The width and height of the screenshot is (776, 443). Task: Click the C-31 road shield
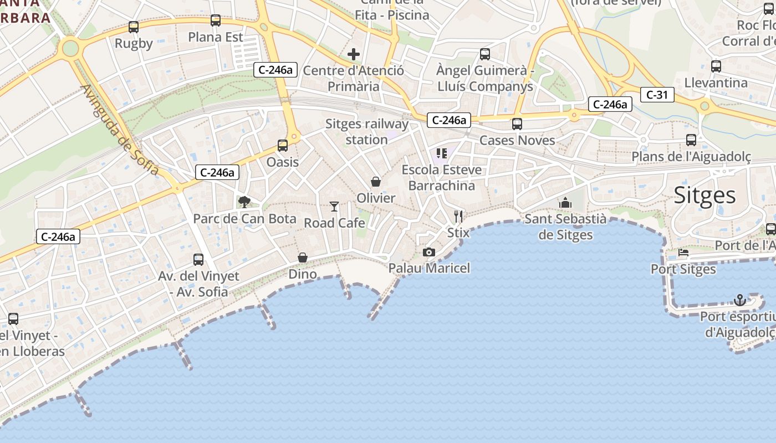pyautogui.click(x=657, y=95)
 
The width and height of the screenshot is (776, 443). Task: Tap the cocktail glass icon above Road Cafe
pyautogui.click(x=334, y=207)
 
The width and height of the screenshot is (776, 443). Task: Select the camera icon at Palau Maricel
pyautogui.click(x=428, y=252)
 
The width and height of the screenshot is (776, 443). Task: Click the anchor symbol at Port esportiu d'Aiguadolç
pyautogui.click(x=739, y=300)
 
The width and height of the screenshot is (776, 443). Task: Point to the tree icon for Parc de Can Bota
pyautogui.click(x=244, y=202)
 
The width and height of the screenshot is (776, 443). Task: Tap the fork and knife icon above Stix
pyautogui.click(x=458, y=216)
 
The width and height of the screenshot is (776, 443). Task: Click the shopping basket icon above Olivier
pyautogui.click(x=376, y=182)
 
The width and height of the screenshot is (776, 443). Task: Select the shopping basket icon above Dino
pyautogui.click(x=303, y=257)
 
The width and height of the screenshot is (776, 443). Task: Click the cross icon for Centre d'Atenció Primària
pyautogui.click(x=354, y=54)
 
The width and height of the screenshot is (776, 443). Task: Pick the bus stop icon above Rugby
pyautogui.click(x=134, y=27)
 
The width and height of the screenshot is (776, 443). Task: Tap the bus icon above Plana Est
pyautogui.click(x=216, y=20)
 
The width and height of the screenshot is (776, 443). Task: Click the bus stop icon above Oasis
pyautogui.click(x=283, y=146)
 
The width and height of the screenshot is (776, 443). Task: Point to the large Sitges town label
pyautogui.click(x=705, y=195)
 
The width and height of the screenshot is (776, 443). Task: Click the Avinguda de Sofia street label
pyautogui.click(x=119, y=130)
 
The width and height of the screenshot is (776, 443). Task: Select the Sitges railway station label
pyautogui.click(x=366, y=132)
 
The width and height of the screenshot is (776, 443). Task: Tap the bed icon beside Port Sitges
pyautogui.click(x=683, y=253)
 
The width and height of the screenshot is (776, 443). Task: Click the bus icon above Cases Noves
pyautogui.click(x=517, y=124)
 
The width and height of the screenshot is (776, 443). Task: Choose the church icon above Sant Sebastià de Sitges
pyautogui.click(x=565, y=203)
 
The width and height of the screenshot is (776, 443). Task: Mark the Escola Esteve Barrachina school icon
pyautogui.click(x=441, y=153)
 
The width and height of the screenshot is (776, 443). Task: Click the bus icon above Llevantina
pyautogui.click(x=716, y=66)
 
